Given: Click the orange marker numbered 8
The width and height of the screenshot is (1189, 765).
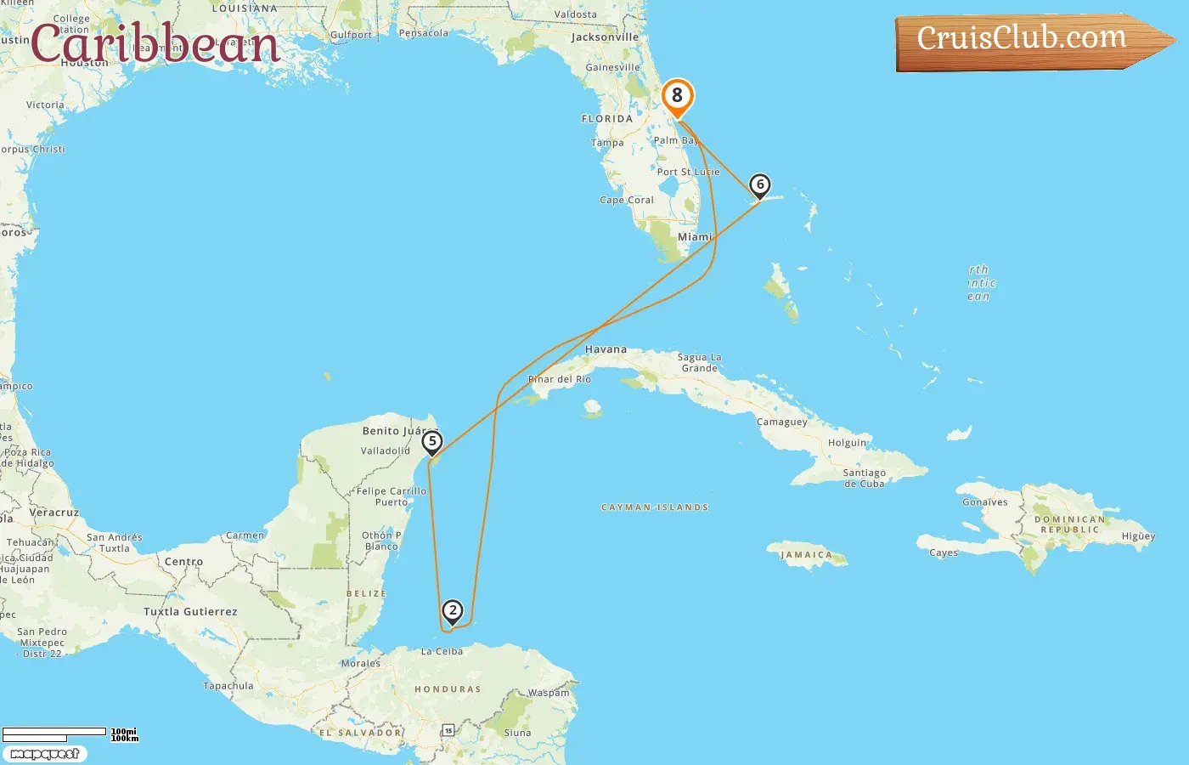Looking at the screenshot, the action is click(677, 97).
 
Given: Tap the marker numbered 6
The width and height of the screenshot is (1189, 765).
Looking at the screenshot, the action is click(760, 185).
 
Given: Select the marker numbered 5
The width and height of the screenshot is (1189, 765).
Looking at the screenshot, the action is click(432, 442).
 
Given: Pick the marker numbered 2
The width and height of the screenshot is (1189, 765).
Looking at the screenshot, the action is click(453, 611).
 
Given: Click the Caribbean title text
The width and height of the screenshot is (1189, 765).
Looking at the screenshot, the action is click(155, 44).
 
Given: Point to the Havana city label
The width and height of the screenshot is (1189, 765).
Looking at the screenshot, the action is click(606, 349).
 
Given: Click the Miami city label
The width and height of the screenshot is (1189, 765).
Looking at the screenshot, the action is click(695, 237).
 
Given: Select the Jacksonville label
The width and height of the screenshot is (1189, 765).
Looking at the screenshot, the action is click(605, 37).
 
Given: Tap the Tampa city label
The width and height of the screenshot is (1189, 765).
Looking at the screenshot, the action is click(607, 143).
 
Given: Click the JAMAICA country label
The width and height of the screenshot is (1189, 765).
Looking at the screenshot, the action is click(806, 555).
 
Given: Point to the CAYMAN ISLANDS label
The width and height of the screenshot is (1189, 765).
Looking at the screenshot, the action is click(654, 507).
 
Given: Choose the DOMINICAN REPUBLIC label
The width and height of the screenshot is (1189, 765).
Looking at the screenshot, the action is click(1069, 524).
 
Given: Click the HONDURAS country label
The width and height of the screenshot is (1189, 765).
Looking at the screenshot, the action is click(448, 689).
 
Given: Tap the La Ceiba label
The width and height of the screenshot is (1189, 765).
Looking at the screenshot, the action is click(442, 652).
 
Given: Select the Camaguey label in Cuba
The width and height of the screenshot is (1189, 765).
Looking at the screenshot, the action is click(782, 422).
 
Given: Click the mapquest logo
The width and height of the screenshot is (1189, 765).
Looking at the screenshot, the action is click(44, 754).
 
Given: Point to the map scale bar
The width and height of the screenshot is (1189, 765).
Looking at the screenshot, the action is click(54, 732).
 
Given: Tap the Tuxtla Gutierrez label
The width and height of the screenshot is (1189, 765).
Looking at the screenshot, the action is click(190, 612).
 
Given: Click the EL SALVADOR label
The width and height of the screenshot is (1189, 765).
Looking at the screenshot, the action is click(360, 733).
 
